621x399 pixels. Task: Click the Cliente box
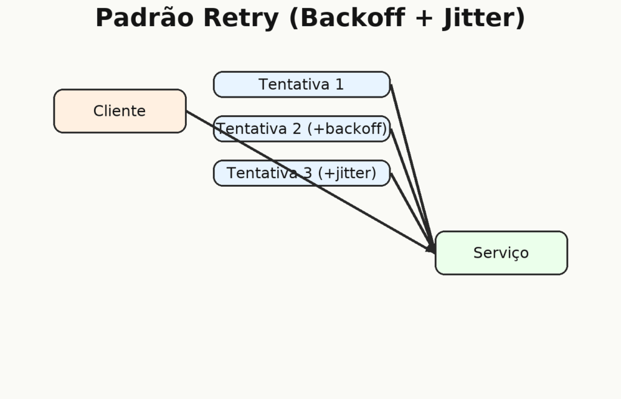pyautogui.click(x=120, y=111)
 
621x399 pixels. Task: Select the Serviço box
pyautogui.click(x=502, y=252)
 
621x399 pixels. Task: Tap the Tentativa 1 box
pyautogui.click(x=302, y=84)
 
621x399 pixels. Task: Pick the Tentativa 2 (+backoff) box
pyautogui.click(x=302, y=129)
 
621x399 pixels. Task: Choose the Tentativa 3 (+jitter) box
pyautogui.click(x=302, y=173)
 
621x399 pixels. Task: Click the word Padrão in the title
pyautogui.click(x=144, y=18)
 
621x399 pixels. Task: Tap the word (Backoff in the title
pyautogui.click(x=347, y=18)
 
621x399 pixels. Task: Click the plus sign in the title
pyautogui.click(x=424, y=18)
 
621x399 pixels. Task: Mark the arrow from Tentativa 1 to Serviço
pyautogui.click(x=413, y=168)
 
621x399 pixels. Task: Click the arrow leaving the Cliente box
pyautogui.click(x=311, y=182)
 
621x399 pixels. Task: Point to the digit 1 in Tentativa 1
pyautogui.click(x=340, y=84)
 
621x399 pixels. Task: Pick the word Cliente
pyautogui.click(x=119, y=111)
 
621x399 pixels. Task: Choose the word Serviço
pyautogui.click(x=501, y=253)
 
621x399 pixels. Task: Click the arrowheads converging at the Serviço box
pyautogui.click(x=431, y=248)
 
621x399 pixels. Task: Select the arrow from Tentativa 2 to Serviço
pyautogui.click(x=413, y=190)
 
